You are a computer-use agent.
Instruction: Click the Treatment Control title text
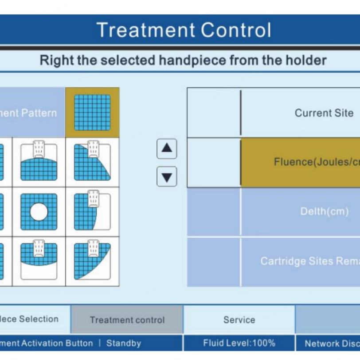click(184, 30)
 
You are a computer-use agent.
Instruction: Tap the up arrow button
click(167, 149)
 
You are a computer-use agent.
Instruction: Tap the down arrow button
click(167, 176)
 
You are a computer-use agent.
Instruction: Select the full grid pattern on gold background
click(92, 113)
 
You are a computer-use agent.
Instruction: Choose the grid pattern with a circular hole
click(39, 212)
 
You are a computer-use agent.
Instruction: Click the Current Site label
click(324, 113)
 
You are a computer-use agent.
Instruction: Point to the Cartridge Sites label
click(310, 261)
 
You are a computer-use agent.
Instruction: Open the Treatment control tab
click(127, 320)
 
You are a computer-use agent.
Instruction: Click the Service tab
click(239, 320)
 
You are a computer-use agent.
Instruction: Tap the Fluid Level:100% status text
click(239, 343)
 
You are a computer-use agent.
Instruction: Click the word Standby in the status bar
click(124, 343)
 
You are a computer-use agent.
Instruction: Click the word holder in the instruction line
click(305, 60)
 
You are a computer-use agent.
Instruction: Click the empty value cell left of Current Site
click(214, 113)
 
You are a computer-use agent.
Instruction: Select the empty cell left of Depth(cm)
click(214, 212)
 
